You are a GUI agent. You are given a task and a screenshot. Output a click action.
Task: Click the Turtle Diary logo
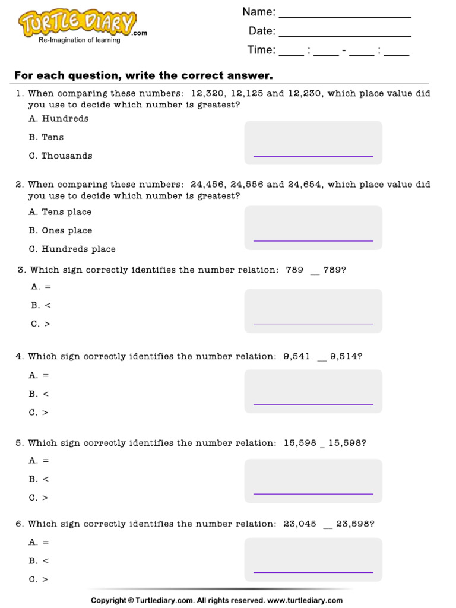[x=77, y=24]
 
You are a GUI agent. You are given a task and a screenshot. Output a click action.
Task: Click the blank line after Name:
[x=344, y=16]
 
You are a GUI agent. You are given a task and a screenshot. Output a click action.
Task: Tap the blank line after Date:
[x=344, y=35]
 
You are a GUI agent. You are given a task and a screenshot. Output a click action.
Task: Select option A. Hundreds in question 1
[x=59, y=119]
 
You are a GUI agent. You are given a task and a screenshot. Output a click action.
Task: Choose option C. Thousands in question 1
[x=61, y=156]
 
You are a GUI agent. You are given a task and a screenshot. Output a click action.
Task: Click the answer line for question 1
[x=313, y=156]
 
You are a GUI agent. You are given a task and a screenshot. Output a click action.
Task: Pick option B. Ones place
[x=61, y=231]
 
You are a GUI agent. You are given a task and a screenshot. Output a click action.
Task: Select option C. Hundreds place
[x=72, y=249]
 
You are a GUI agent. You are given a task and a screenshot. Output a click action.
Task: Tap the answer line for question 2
[x=313, y=240]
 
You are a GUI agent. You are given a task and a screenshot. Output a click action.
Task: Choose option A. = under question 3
[x=41, y=287]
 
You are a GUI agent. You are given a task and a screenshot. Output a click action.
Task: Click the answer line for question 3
[x=313, y=324]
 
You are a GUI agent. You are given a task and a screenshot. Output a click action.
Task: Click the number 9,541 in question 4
[x=297, y=357]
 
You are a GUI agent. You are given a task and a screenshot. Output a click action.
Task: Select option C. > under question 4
[x=39, y=413]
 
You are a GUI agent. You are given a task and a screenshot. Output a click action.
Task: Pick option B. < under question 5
[x=39, y=479]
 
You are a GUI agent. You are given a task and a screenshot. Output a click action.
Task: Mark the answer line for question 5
[x=313, y=493]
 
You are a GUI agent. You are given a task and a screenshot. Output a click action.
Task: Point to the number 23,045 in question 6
[x=300, y=524]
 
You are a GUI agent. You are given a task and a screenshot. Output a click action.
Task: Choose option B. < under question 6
[x=39, y=561]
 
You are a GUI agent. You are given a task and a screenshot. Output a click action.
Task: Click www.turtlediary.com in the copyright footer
[x=305, y=601]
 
